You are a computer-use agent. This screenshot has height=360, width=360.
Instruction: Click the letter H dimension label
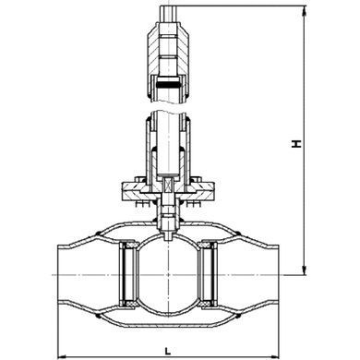(296, 144)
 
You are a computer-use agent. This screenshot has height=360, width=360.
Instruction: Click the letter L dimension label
(168, 351)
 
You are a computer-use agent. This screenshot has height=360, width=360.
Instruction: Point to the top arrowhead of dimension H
(305, 10)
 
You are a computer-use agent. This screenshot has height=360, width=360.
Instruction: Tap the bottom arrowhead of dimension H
(305, 270)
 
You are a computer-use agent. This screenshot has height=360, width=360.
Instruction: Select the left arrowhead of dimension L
(63, 356)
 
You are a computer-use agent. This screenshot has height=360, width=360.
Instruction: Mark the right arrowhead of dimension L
(274, 356)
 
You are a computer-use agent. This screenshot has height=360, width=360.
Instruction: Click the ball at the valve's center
(168, 274)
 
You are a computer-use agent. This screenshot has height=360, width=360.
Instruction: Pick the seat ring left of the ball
(128, 274)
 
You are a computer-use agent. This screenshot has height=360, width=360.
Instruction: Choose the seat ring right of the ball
(208, 274)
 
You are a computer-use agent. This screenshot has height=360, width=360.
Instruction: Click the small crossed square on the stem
(168, 186)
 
